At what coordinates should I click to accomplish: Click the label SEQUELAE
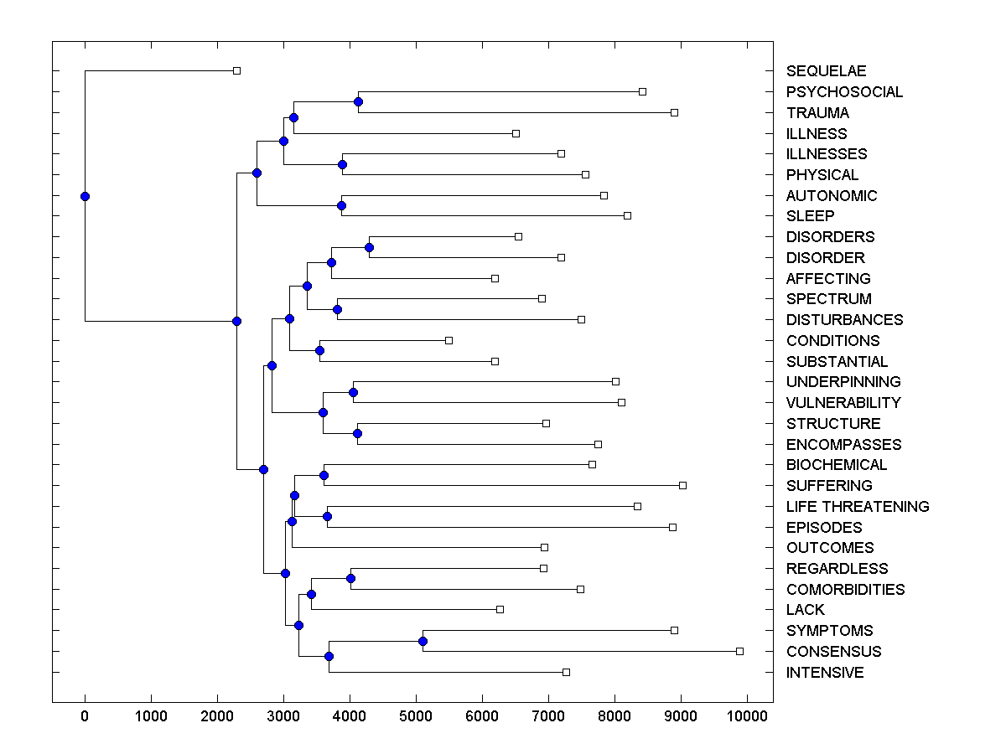coord(826,71)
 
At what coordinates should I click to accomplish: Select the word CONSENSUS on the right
coord(833,652)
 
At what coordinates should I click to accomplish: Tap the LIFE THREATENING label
coord(857,507)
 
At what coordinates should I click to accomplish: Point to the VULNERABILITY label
coord(843,403)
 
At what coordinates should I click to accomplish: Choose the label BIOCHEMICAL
coord(836,465)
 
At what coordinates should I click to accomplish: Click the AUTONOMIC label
coord(831,196)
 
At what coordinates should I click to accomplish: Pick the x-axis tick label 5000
coord(416,715)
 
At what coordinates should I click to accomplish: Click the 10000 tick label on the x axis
coord(747,715)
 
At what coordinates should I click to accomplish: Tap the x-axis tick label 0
coord(85,715)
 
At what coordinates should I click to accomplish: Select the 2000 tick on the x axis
coord(217,715)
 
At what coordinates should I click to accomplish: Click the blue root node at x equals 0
coord(85,196)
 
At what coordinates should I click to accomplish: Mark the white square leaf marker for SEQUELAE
coord(236,71)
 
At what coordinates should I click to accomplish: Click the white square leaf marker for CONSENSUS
coord(739,651)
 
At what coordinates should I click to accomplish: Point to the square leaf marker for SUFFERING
coord(682,485)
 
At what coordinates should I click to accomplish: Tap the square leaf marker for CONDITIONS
coord(449,340)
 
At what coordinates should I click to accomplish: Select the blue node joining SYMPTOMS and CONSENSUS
coord(423,641)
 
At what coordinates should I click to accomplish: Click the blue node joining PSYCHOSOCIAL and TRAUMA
coord(358,102)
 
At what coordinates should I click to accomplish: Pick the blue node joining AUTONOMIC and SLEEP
coord(341,205)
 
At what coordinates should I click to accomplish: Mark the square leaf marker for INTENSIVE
coord(566,672)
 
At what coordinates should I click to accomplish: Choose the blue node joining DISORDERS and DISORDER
coord(369,247)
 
